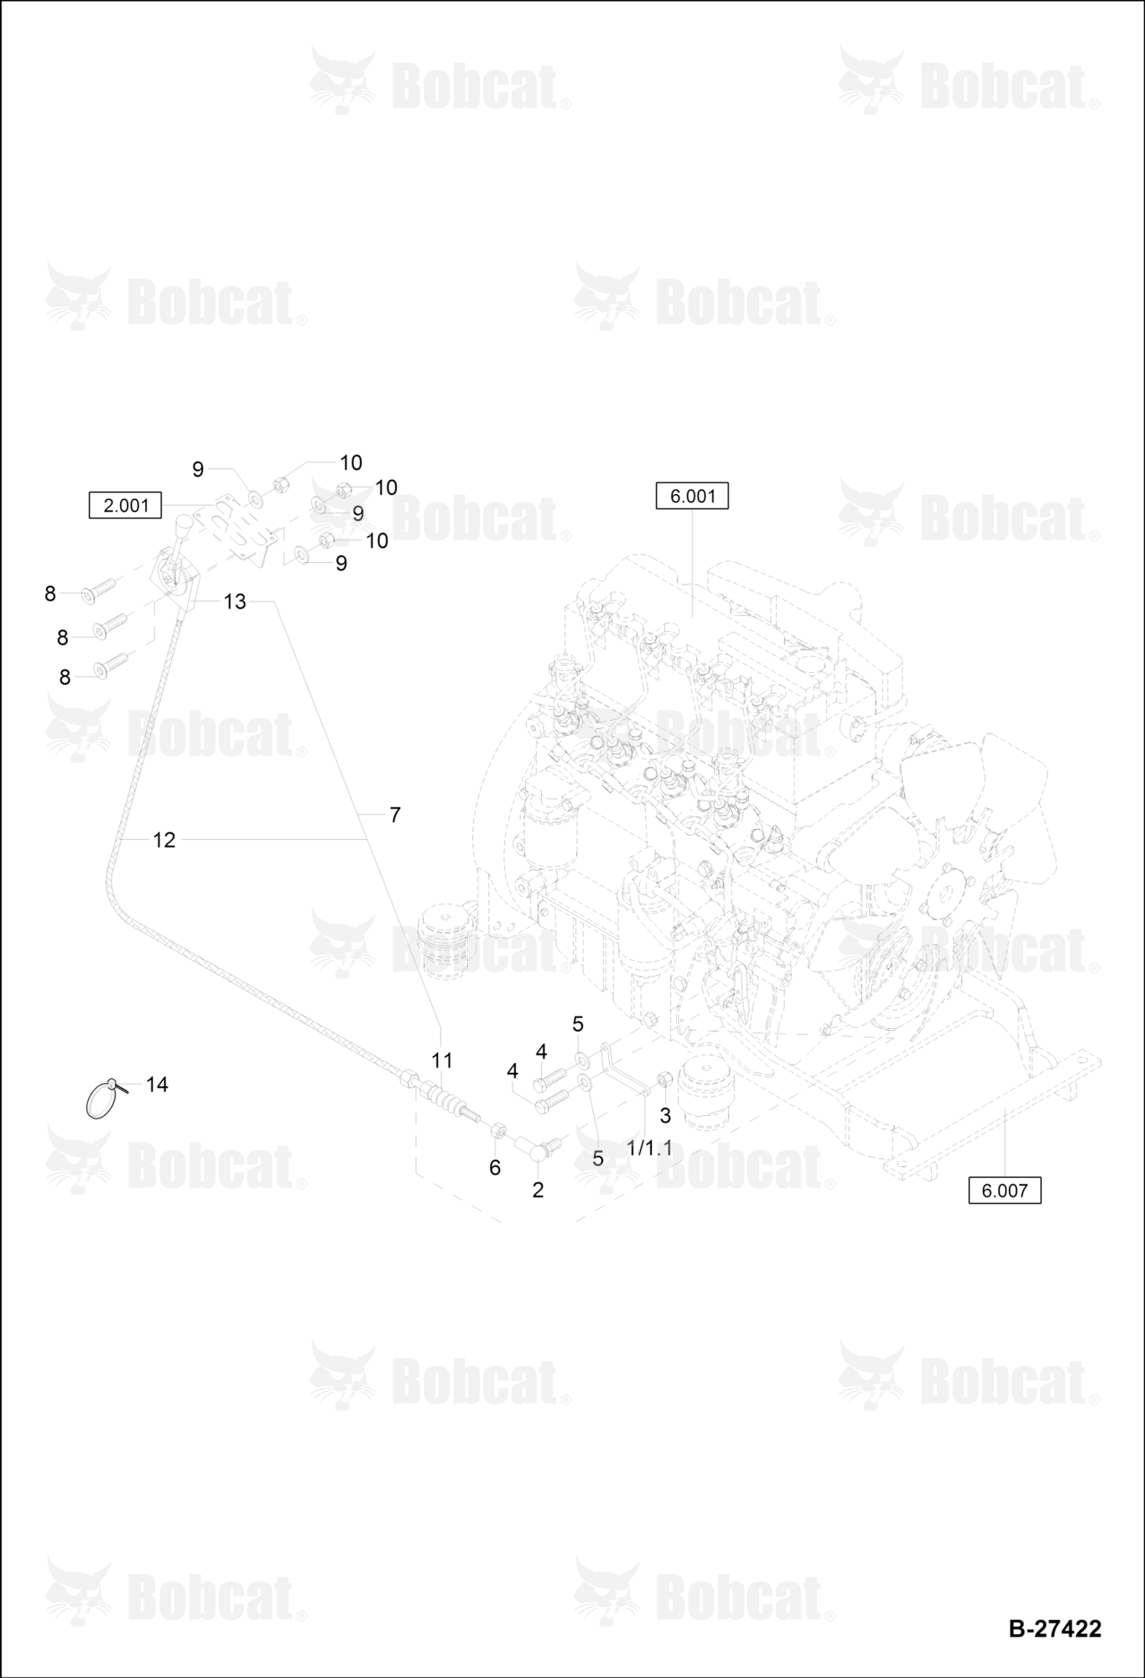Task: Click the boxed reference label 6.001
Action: (x=692, y=496)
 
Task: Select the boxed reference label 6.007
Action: (x=1004, y=1190)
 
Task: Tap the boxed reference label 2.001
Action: (x=125, y=505)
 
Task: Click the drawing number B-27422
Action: (x=1054, y=1628)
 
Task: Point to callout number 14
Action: (x=157, y=1084)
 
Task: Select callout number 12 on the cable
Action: (x=164, y=839)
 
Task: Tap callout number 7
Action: (x=395, y=814)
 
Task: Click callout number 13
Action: (x=235, y=601)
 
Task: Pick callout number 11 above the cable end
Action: (x=442, y=1060)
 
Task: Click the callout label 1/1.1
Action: (x=649, y=1147)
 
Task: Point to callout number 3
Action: (x=665, y=1116)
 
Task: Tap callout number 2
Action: (x=538, y=1189)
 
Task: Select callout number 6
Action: (x=495, y=1167)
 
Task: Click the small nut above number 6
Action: (x=497, y=1130)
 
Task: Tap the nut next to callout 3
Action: (x=663, y=1078)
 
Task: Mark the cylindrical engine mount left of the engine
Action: (x=444, y=939)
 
